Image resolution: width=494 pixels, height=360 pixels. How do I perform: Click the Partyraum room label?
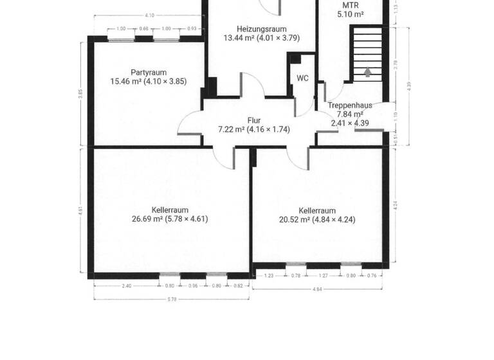pos(149,72)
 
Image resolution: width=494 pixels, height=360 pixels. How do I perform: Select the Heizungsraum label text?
pos(261,29)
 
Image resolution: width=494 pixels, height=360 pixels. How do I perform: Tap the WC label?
pos(302,78)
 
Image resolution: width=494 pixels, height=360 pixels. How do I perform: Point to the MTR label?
pos(351,5)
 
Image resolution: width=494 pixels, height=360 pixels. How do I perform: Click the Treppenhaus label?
pos(351,105)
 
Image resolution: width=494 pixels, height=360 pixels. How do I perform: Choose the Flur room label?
pos(254,120)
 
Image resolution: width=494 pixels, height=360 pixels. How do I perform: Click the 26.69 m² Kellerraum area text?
pos(170,219)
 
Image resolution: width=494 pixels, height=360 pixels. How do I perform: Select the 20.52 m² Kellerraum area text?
pos(317,219)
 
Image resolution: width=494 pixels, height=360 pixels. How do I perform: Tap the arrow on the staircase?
pos(367,72)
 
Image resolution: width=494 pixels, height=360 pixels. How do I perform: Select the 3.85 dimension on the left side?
pos(80,93)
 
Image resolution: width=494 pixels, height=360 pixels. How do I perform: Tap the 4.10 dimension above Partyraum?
pos(149,15)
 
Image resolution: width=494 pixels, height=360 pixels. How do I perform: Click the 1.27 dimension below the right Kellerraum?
pos(324,276)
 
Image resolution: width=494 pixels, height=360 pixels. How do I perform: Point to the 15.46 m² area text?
pos(149,81)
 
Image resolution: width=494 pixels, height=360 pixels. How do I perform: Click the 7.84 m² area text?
pos(351,114)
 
